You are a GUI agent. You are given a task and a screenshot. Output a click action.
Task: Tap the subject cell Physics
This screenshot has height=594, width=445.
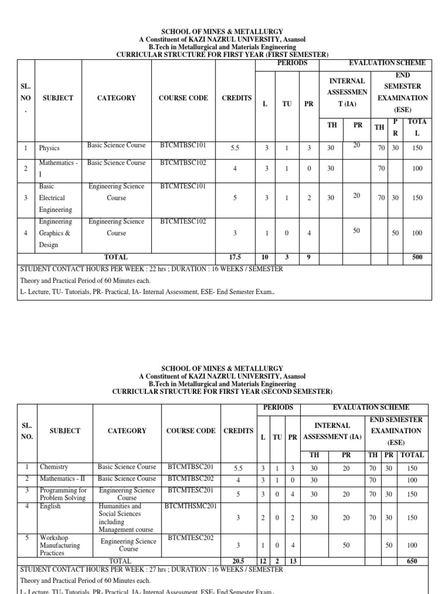[49, 148]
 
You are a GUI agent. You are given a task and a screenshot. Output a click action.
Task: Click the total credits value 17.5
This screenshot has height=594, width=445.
[235, 257]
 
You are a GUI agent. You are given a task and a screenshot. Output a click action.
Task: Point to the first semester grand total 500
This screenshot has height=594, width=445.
[417, 257]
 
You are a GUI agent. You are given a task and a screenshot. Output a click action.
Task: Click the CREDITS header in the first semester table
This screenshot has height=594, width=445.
[236, 98]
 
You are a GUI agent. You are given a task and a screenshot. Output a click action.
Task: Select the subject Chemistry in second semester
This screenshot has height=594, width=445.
[54, 466]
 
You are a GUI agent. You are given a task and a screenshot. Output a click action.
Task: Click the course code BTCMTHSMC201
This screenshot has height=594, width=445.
[191, 506]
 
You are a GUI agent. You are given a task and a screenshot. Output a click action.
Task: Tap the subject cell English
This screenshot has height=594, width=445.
[50, 506]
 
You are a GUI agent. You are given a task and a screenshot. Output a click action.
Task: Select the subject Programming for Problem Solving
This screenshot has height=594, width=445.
[63, 494]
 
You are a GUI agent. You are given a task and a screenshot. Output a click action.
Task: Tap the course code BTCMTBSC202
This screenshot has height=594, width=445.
[191, 479]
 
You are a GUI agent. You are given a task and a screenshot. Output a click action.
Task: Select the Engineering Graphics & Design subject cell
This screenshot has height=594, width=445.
[56, 233]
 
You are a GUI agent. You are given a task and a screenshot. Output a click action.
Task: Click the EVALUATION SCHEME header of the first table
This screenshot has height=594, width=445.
[387, 63]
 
